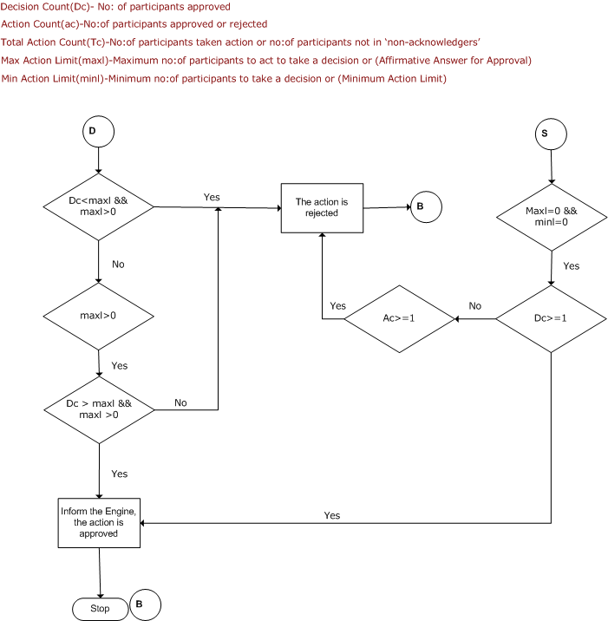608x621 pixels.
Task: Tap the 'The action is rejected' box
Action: coord(322,208)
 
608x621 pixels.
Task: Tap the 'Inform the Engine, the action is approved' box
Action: coord(99,523)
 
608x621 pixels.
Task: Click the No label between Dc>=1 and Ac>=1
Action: coord(475,306)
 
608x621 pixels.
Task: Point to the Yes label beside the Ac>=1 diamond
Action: coord(338,306)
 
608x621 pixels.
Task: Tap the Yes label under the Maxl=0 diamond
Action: coord(572,265)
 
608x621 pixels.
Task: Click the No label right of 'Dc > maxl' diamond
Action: coord(180,402)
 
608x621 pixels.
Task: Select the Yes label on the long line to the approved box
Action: coord(332,515)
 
